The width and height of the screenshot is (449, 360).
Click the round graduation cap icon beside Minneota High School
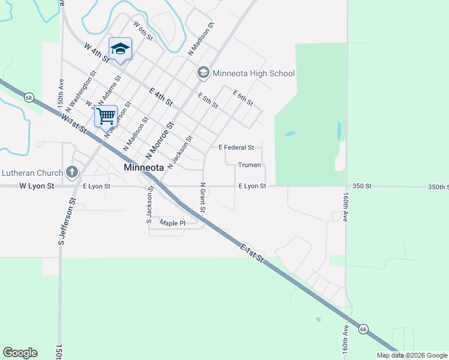[203, 73]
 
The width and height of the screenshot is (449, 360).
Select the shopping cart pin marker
[106, 116]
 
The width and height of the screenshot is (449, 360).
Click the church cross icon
[72, 172]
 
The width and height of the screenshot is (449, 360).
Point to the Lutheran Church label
[31, 172]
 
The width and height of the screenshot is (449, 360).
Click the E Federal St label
[236, 147]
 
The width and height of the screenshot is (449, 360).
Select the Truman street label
[249, 164]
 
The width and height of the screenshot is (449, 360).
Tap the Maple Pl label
[173, 223]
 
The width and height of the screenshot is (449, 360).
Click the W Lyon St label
[37, 186]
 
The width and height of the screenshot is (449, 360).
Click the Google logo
[20, 353]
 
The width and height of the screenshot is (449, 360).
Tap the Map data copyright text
[412, 355]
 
